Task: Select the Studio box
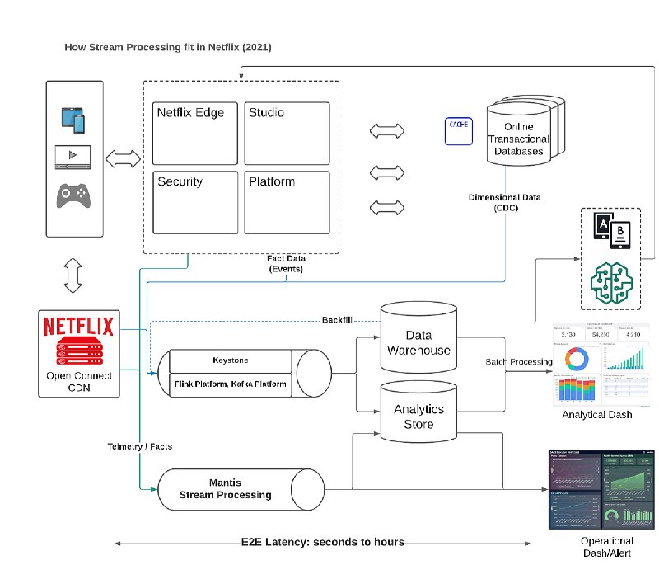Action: point(287,133)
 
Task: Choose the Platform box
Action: point(287,202)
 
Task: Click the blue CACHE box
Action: point(459,131)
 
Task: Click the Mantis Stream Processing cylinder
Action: point(226,489)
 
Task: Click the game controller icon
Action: point(72,196)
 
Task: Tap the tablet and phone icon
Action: point(72,119)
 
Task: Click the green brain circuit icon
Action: point(610,279)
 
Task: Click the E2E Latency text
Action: point(321,542)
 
